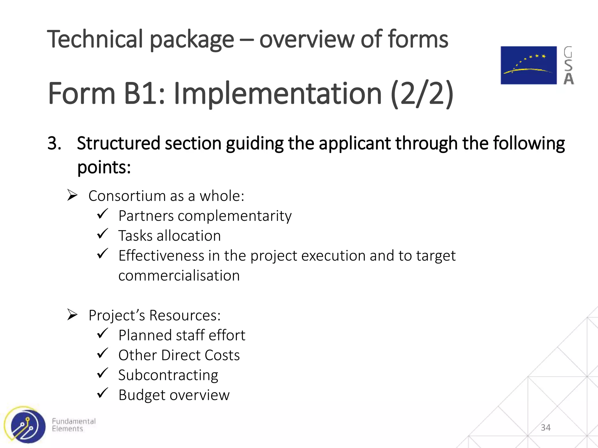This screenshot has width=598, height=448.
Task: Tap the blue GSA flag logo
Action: [x=529, y=65]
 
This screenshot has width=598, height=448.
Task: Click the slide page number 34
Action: [x=545, y=428]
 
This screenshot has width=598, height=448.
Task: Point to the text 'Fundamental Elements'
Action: [x=74, y=425]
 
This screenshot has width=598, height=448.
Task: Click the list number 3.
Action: [x=54, y=143]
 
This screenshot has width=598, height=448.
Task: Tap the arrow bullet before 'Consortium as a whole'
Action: [x=72, y=195]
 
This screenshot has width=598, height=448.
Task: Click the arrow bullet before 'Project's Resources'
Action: [x=72, y=314]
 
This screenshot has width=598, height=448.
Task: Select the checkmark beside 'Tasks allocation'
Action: [x=102, y=234]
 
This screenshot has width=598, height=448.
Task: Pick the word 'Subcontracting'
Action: [x=168, y=375]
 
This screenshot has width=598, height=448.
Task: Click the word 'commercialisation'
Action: [x=179, y=276]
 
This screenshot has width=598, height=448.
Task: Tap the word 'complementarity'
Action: [x=234, y=216]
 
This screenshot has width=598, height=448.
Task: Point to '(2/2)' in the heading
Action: [x=422, y=94]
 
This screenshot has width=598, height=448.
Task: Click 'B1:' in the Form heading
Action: [x=144, y=94]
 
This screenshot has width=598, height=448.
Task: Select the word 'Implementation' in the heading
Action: [x=277, y=94]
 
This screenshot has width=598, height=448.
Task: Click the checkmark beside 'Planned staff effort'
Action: [x=102, y=333]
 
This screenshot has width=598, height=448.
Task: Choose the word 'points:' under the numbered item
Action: [x=104, y=167]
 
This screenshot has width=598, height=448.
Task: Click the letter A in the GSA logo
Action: [x=569, y=79]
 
